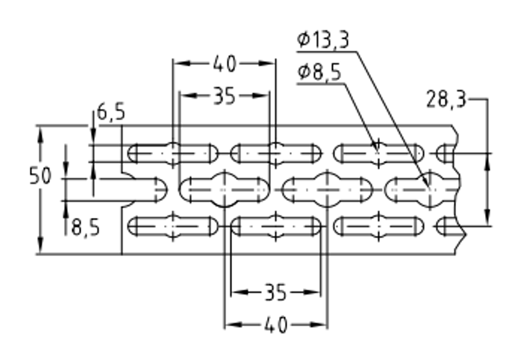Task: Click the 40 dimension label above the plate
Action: (224, 64)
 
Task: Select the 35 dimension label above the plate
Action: (224, 96)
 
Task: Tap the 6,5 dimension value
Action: (111, 112)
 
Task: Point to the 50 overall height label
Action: (40, 176)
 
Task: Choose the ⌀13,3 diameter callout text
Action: (323, 40)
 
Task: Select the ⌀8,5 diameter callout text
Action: (320, 72)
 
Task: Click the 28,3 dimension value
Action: (446, 99)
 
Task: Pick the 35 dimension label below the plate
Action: (276, 292)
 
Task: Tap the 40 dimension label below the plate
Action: (276, 325)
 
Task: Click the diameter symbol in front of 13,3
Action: (304, 39)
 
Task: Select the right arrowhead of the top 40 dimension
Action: (267, 63)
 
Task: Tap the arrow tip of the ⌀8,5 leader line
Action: (377, 149)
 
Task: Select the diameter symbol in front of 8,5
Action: (304, 72)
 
